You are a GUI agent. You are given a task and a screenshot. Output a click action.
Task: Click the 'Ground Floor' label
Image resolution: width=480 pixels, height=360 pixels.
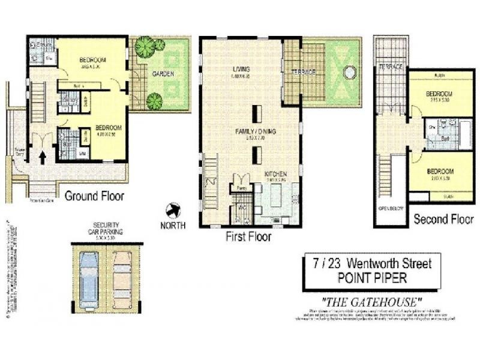[94, 196]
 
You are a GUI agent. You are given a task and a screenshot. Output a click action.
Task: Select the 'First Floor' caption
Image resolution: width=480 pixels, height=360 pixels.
[248, 236]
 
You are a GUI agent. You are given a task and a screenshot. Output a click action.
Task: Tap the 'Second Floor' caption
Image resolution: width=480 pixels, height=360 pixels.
[443, 220]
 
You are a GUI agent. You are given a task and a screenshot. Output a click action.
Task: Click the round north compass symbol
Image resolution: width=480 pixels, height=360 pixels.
[173, 211]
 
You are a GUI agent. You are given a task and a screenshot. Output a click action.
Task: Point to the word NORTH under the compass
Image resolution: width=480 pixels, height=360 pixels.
[173, 226]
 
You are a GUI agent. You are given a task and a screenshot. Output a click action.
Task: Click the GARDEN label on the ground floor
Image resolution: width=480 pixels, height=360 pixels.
[163, 74]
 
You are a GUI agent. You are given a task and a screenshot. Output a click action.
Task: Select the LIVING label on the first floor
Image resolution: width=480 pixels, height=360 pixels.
[241, 70]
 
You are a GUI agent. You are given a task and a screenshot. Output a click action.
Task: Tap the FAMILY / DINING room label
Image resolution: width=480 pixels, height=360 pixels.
[250, 130]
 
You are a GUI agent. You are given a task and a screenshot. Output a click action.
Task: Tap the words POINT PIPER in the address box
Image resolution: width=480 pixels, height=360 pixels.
[371, 277]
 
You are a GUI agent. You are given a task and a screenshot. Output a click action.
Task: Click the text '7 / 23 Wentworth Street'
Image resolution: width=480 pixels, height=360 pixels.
[371, 263]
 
